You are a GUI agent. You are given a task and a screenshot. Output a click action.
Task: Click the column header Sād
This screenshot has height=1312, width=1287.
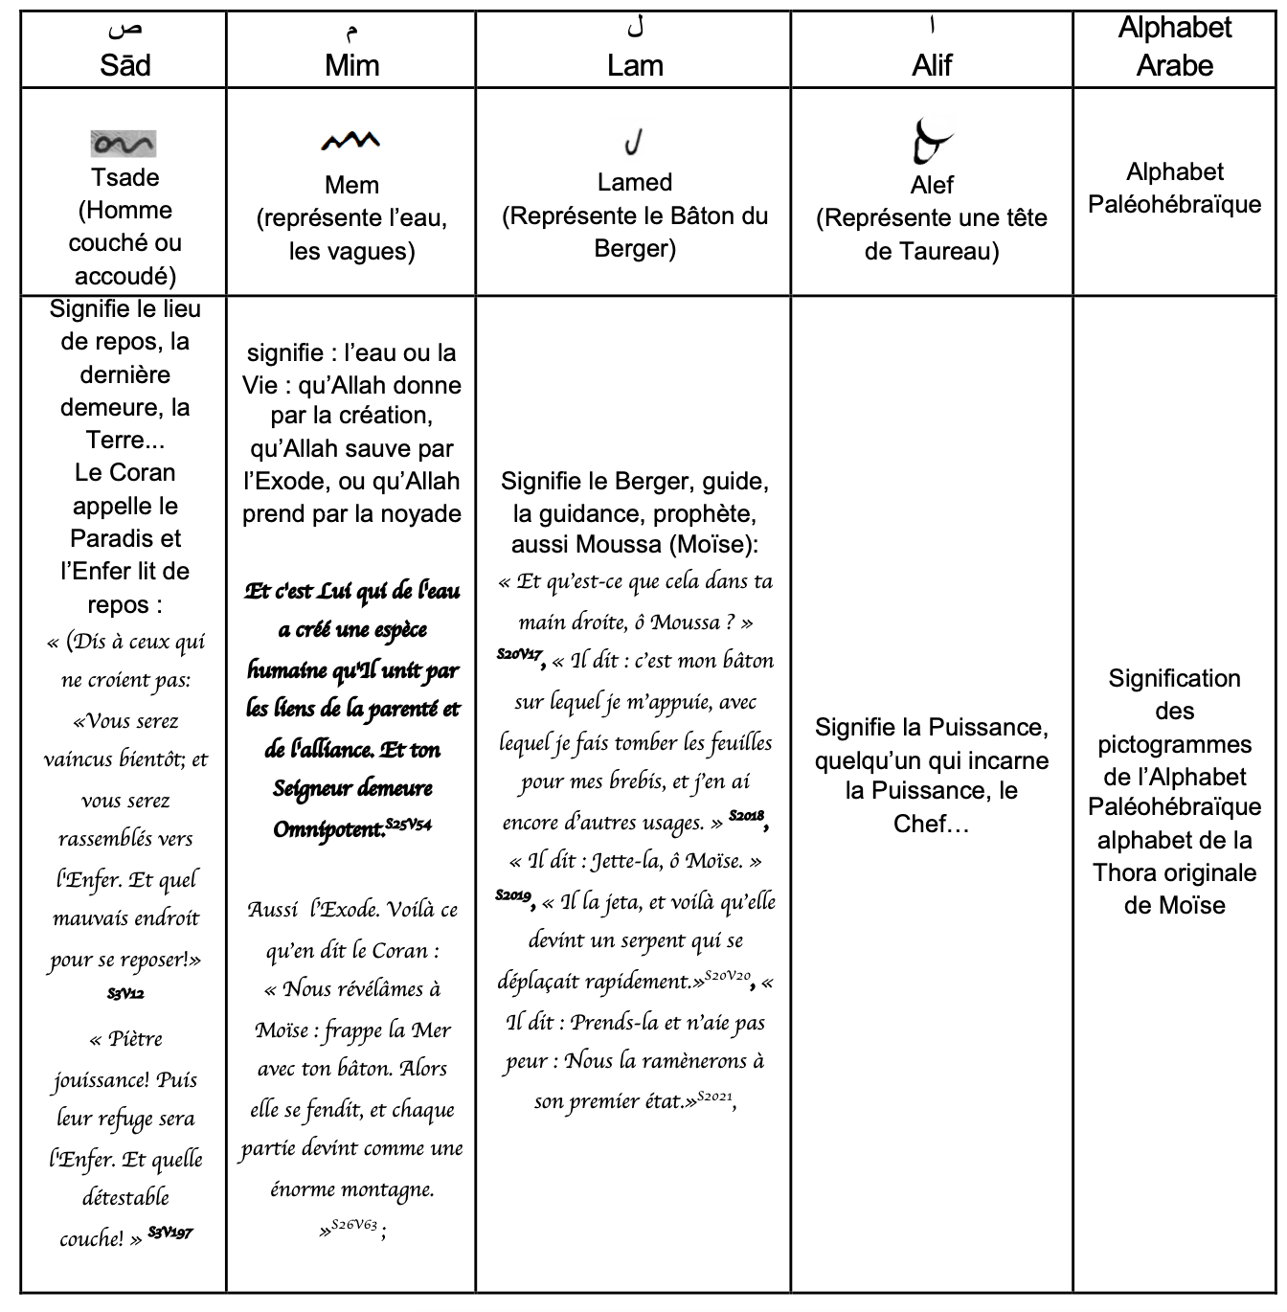coord(124,65)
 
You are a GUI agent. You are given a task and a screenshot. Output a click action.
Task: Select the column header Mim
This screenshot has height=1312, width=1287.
coord(351,65)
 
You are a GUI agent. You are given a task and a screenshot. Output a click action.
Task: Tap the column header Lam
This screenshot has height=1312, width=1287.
coord(635,65)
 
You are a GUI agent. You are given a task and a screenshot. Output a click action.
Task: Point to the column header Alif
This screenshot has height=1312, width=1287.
coord(932,65)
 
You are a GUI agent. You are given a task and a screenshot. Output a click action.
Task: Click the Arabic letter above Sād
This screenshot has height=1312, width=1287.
coord(124,29)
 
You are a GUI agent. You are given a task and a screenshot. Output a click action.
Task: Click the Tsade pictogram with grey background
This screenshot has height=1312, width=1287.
coord(124,145)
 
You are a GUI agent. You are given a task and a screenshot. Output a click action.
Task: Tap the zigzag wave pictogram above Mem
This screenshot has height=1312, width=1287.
coord(350,142)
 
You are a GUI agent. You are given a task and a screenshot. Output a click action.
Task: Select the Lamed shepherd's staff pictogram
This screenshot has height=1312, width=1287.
coord(633,143)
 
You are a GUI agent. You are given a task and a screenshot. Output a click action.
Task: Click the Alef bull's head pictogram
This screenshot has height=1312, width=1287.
coord(931,142)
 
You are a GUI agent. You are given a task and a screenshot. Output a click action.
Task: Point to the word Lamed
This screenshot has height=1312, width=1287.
coord(635,182)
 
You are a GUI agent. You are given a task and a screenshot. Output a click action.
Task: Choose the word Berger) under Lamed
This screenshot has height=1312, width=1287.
coord(635,248)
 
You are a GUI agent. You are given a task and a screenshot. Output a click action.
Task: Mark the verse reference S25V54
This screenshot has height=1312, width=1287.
coord(409,824)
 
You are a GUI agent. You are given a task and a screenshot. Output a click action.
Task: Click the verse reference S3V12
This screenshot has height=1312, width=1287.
coord(125,994)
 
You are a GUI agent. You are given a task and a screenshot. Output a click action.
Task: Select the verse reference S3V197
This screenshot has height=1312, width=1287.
coord(170,1233)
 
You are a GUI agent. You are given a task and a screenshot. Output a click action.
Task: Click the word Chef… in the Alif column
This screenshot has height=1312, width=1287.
coord(931,824)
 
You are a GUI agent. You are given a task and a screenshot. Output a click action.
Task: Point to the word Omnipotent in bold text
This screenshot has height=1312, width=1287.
coord(328,829)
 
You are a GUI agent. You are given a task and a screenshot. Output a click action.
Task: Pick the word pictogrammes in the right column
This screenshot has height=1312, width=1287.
coord(1174,744)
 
